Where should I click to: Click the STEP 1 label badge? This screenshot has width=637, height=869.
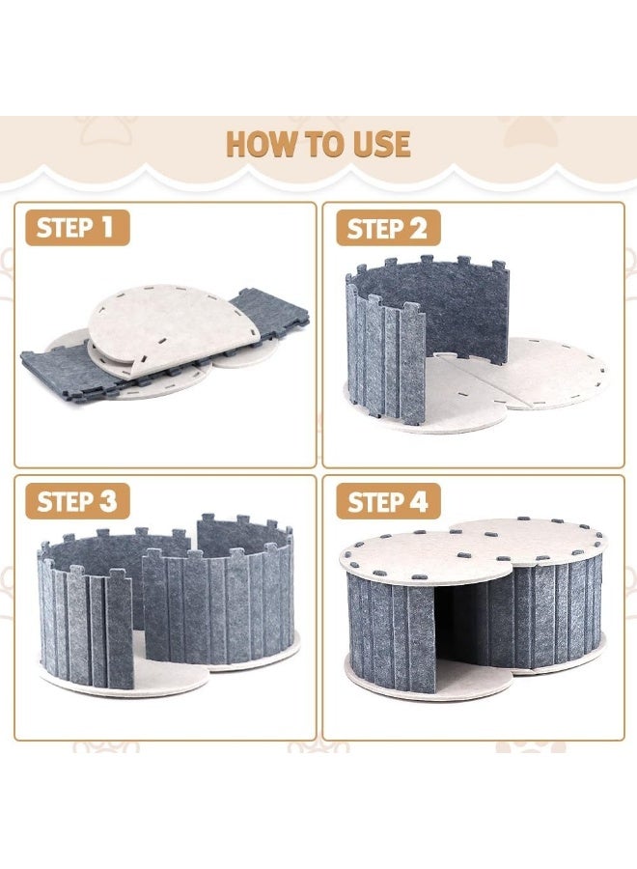pos(77,228)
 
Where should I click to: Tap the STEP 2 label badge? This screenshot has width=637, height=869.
pos(388,228)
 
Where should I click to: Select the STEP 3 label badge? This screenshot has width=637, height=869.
pos(77,501)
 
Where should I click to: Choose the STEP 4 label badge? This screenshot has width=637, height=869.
pos(388,501)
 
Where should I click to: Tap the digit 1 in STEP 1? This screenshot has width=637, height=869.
pos(106,227)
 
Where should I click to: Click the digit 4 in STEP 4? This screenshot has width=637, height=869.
pos(418,501)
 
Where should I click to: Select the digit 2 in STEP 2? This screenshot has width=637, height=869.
pos(418,228)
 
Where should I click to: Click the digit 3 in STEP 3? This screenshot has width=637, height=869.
pos(107,501)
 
